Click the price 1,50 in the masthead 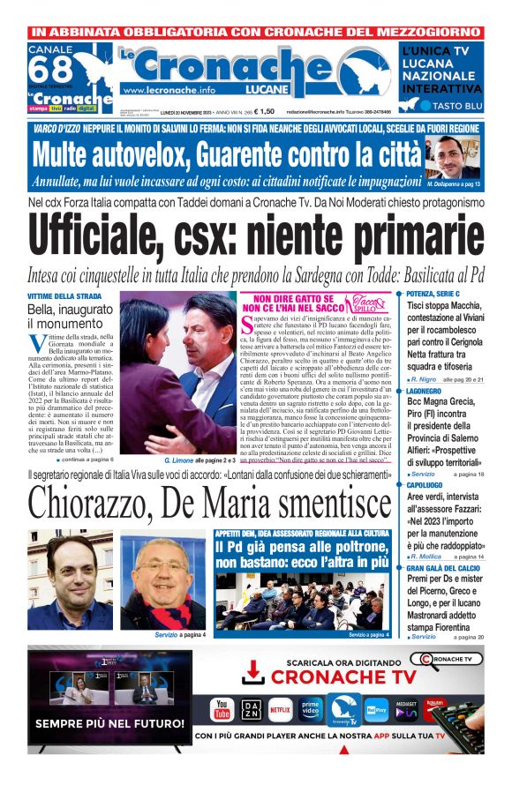coord(266,111)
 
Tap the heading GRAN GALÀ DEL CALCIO coord(445,569)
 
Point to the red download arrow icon coord(253,672)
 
